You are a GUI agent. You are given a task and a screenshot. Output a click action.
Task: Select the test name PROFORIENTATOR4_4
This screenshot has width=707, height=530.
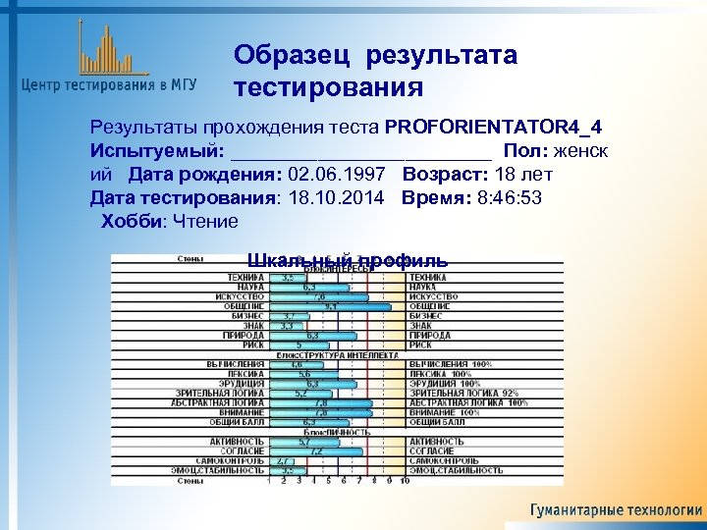tap(495, 129)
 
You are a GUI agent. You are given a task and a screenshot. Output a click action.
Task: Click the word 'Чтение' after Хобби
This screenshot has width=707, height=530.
tap(205, 222)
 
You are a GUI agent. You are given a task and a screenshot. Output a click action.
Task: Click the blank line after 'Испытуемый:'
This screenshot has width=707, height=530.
tap(359, 152)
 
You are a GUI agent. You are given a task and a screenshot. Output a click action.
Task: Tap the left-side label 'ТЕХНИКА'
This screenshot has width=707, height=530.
tap(245, 278)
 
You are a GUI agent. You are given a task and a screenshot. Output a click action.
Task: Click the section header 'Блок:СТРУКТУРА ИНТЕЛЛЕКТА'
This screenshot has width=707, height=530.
tap(337, 354)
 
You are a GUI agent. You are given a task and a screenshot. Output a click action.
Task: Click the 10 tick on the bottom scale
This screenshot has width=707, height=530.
tap(405, 482)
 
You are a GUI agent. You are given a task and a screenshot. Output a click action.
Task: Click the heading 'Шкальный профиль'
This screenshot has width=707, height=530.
tap(348, 261)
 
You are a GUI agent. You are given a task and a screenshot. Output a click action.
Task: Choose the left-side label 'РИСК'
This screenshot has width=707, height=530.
tap(253, 344)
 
